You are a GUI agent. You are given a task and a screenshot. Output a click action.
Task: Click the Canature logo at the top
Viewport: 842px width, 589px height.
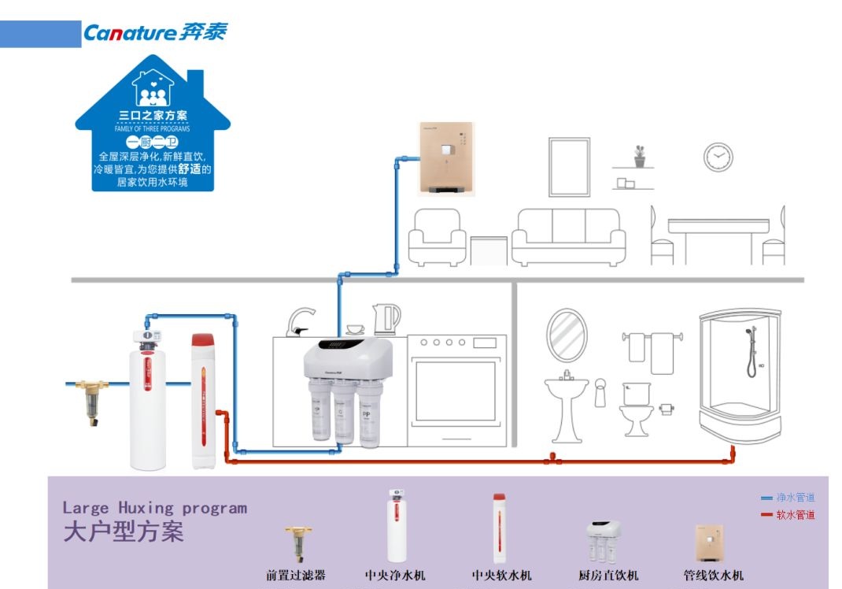(155, 33)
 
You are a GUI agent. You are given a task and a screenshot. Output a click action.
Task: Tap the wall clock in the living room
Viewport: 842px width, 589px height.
(718, 157)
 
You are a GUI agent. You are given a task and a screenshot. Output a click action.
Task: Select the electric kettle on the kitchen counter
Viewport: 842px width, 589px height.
(386, 319)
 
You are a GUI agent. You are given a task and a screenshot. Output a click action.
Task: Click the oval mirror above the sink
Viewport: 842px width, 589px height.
(567, 335)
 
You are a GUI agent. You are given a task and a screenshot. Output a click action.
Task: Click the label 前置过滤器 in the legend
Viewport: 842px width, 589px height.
(296, 576)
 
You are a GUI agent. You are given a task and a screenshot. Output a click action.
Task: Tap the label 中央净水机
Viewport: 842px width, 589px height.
(395, 576)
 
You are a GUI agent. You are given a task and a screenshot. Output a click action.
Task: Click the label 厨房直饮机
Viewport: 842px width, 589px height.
(608, 576)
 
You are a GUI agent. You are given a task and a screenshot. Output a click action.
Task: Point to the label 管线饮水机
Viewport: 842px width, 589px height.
(713, 576)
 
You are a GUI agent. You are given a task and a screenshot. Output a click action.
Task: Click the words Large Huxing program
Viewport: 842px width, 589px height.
(155, 508)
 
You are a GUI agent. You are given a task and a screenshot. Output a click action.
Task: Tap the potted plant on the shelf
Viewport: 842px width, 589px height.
(640, 156)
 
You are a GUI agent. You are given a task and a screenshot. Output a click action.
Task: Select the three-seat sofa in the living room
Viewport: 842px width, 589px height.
(568, 236)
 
